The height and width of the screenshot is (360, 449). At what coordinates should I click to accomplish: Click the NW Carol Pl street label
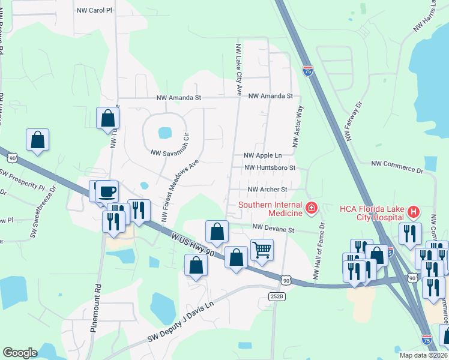95,11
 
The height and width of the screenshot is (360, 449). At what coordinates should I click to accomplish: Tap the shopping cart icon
262,248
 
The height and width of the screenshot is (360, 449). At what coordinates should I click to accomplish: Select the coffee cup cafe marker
107,192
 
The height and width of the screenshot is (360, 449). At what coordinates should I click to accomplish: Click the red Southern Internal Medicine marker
311,209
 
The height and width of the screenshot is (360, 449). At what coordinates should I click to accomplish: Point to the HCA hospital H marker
413,211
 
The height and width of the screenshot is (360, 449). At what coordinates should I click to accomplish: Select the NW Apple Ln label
262,155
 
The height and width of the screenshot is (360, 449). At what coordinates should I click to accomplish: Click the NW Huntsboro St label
270,168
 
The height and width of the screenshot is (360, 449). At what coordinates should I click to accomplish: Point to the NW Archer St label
268,190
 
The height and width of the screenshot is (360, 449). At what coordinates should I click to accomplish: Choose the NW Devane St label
274,229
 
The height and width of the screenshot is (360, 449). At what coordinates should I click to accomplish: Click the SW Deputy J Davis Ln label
181,330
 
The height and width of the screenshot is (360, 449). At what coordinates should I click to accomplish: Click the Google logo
20,352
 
